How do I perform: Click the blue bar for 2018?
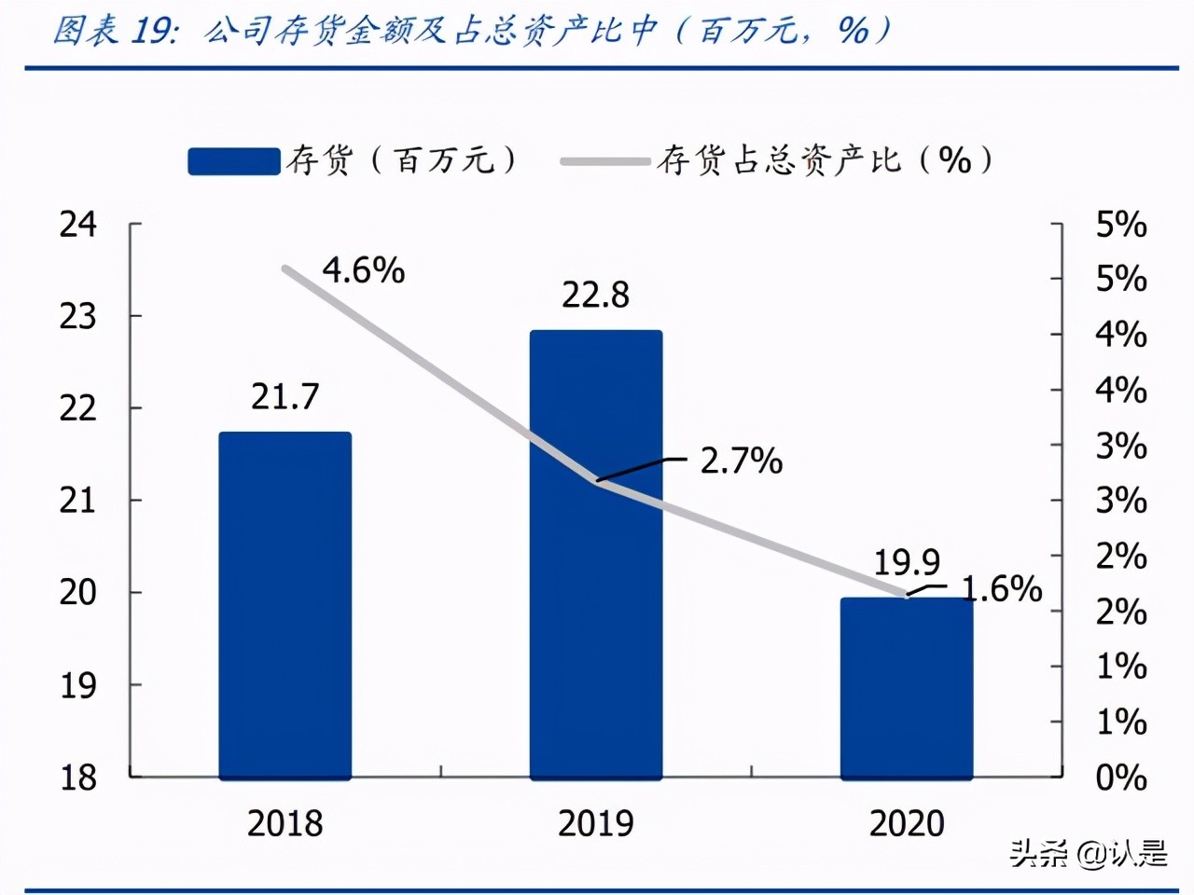[285, 606]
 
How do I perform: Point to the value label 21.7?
[285, 397]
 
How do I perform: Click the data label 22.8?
[595, 296]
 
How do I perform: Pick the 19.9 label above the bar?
[907, 562]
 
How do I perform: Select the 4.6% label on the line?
[364, 270]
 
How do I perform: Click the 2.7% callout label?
[741, 461]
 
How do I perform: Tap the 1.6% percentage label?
[1002, 588]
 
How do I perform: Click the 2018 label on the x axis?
[285, 823]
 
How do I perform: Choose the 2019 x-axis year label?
[595, 823]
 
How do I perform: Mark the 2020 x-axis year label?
[907, 823]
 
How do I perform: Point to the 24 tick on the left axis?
[78, 225]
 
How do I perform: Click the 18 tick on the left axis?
[78, 778]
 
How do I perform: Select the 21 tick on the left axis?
[78, 501]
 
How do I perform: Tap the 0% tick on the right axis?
[1120, 778]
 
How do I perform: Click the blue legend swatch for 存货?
[233, 161]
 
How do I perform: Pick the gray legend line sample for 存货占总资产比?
[604, 161]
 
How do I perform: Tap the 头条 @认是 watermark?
[1088, 853]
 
